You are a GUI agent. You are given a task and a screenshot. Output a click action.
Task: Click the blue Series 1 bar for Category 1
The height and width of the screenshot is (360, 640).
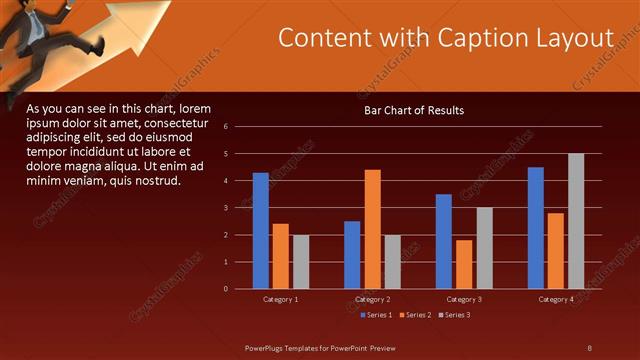(260, 231)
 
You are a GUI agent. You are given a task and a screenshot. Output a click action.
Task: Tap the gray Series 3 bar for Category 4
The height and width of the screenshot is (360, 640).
(576, 221)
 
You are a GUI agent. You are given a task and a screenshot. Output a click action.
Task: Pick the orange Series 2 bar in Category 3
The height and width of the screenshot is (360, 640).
(464, 264)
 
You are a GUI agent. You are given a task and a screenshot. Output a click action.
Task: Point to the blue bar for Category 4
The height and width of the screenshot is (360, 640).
(536, 228)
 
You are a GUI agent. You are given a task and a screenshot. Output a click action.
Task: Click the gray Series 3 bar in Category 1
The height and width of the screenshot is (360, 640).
(301, 262)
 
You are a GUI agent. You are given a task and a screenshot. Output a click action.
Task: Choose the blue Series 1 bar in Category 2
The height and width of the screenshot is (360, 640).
(352, 255)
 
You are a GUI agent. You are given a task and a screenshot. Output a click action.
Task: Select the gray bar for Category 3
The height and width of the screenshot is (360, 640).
(484, 248)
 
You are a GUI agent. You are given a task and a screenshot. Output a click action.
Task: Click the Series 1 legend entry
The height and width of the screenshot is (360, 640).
(375, 315)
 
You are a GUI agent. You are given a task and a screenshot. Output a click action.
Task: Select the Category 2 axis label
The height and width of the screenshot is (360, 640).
(372, 299)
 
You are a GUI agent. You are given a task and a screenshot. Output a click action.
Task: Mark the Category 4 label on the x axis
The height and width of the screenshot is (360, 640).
(556, 299)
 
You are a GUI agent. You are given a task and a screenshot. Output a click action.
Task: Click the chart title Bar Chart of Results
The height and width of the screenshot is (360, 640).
(414, 110)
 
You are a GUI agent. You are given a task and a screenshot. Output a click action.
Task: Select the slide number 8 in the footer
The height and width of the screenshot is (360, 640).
(589, 347)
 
